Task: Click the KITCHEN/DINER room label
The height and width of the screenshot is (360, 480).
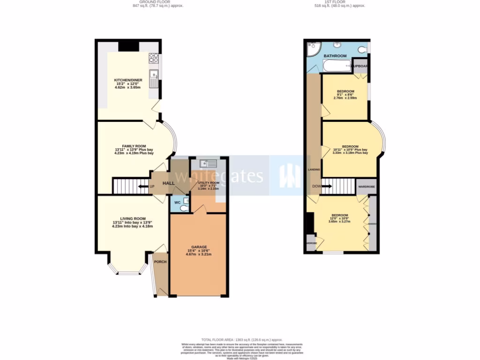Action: pos(128,80)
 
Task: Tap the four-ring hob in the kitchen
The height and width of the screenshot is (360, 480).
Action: pos(153,58)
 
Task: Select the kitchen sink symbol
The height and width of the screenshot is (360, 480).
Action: pos(153,78)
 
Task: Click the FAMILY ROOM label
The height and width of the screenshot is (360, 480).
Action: pos(134,146)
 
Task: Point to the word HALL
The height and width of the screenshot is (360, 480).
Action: pos(169,183)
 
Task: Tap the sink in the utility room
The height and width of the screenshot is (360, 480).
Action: pos(208,164)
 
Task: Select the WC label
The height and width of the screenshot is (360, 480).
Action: pos(177,202)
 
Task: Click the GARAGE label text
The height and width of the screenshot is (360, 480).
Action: pos(199,247)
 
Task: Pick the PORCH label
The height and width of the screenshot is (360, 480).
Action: pos(161,262)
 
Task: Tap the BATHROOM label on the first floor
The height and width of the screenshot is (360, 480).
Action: pos(335,56)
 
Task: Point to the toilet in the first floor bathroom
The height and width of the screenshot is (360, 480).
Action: pos(362,49)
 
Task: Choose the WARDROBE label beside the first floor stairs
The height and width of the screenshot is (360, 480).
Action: pos(367,187)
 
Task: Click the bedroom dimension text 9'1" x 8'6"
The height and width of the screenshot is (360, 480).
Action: pos(345,95)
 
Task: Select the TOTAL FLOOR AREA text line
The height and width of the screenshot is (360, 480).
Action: pos(241,339)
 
